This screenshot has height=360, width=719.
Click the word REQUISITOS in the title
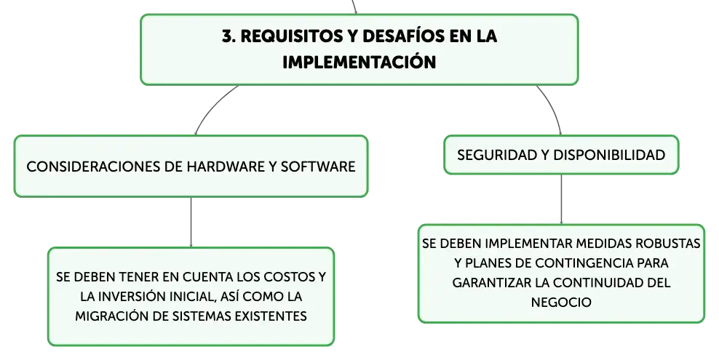pos(290,36)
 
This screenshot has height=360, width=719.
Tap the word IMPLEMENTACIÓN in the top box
pos(359,62)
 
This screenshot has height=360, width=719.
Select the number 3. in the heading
pos(229,36)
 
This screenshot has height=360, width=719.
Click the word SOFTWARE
pos(318,167)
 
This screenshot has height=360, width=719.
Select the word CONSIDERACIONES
pos(93,167)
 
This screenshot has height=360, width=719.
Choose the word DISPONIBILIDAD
pos(609,155)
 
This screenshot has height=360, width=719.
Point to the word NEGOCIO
pos(561,303)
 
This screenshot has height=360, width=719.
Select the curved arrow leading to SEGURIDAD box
pos(552,108)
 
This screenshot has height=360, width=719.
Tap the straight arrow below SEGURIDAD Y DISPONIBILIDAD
pos(561,200)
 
